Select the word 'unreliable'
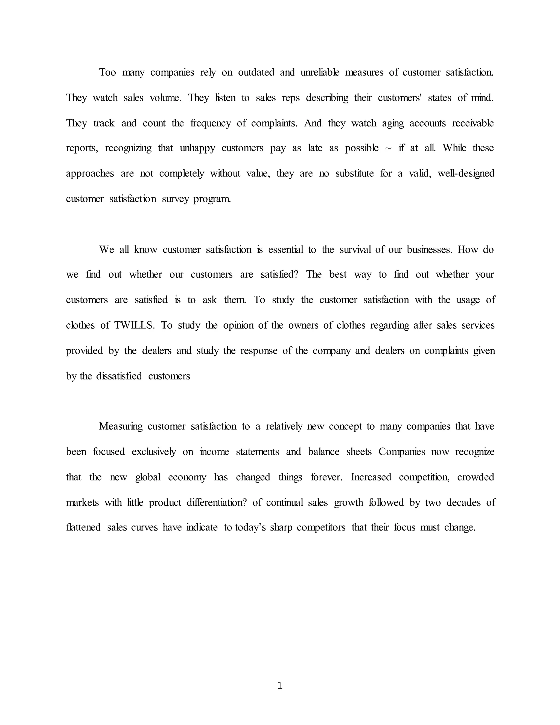320,72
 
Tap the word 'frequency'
210,123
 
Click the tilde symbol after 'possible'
389,148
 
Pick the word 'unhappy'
197,148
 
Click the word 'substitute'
354,173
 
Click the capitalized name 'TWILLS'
134,325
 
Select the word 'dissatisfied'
119,376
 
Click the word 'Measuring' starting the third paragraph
120,426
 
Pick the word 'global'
148,477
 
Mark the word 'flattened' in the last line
83,527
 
